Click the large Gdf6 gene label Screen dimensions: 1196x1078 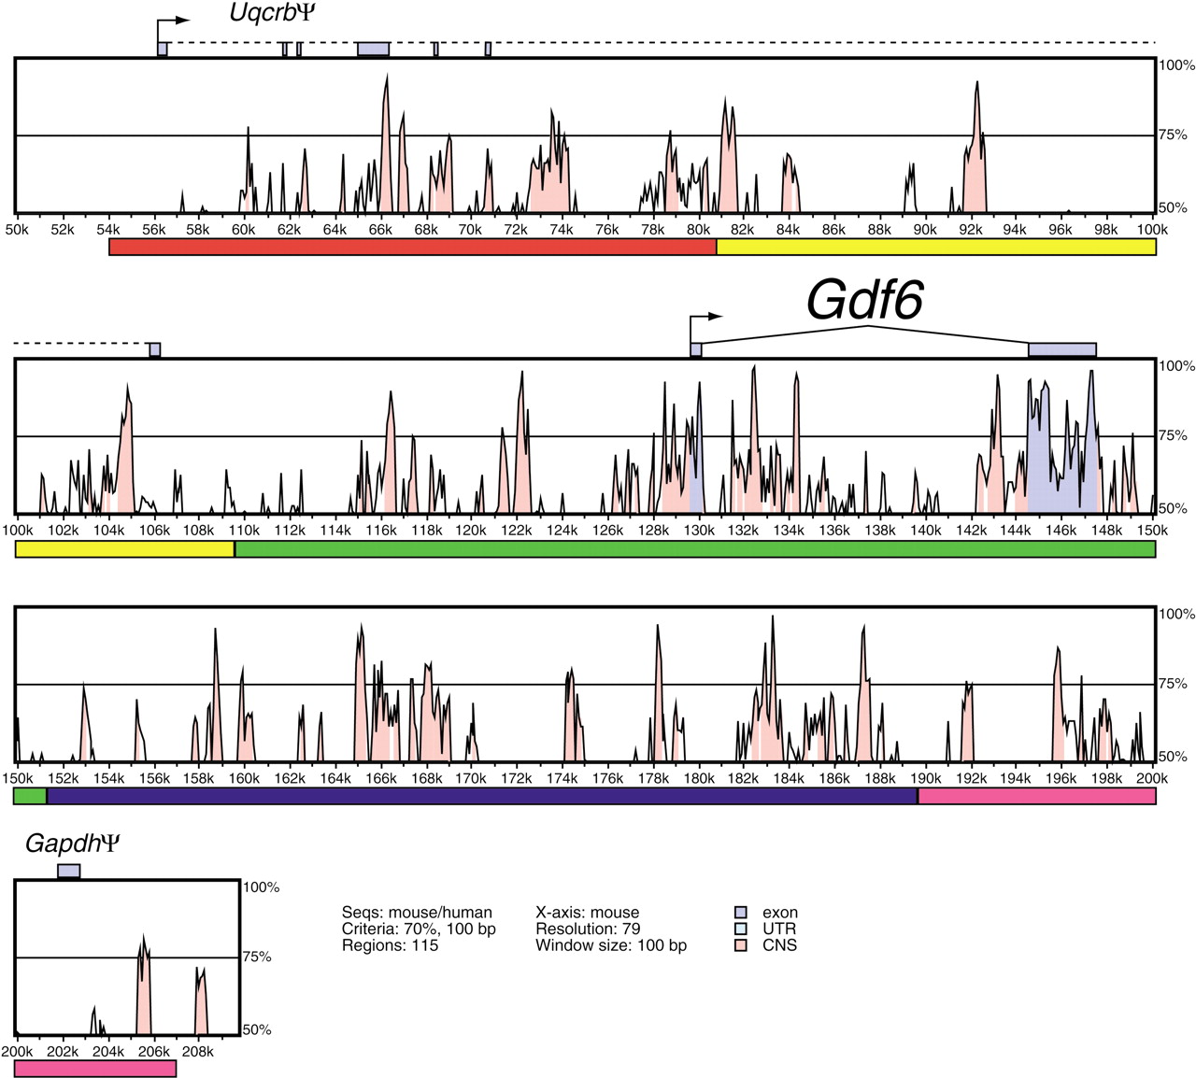click(864, 300)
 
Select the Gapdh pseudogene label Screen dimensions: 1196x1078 click(73, 844)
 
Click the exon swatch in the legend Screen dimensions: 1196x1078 click(741, 913)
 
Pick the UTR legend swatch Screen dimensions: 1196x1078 click(741, 929)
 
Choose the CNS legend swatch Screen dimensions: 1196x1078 click(741, 945)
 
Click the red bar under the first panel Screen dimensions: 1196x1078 click(413, 247)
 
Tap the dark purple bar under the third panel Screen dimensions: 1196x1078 click(482, 796)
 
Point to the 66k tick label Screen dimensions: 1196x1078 click(380, 230)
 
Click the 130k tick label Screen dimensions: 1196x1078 click(699, 530)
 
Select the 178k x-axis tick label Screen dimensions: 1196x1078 click(653, 778)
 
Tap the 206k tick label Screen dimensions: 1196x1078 click(153, 1052)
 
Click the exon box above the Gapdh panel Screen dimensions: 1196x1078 click(68, 872)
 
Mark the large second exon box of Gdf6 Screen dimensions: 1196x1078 click(1062, 350)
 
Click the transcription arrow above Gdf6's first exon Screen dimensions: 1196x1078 click(705, 325)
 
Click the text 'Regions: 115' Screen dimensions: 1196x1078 click(390, 945)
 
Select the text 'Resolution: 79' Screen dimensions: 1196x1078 click(588, 929)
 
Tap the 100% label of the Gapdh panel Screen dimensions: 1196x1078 click(261, 887)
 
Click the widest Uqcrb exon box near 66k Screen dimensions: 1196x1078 click(374, 49)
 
